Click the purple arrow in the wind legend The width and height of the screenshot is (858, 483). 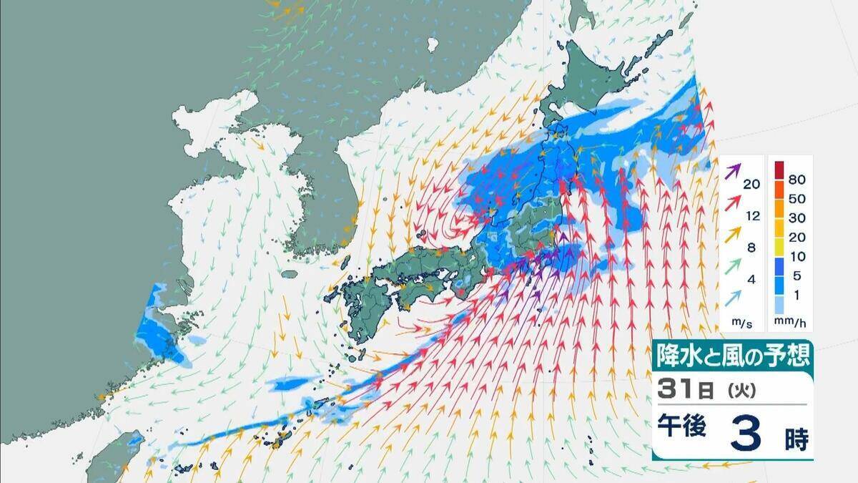(733, 172)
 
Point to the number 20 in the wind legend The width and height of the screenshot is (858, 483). (751, 184)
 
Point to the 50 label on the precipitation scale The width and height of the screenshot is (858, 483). (797, 198)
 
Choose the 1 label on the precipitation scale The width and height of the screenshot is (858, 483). (793, 296)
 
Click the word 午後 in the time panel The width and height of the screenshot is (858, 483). (683, 427)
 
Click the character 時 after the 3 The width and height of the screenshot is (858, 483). (796, 439)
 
